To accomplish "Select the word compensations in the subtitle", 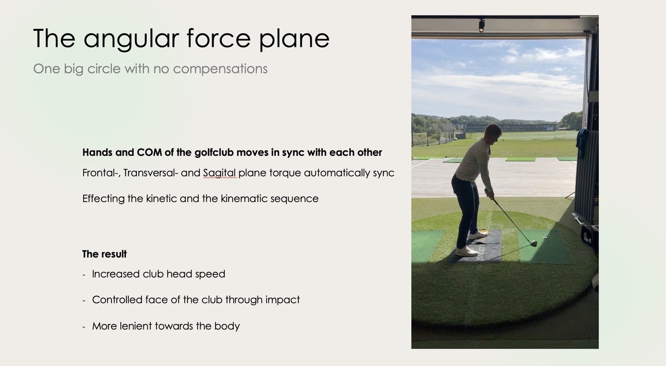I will [x=220, y=69].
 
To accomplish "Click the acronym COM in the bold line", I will [x=150, y=153].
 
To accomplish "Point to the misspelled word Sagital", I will [x=219, y=173].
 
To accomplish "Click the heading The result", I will [x=105, y=254].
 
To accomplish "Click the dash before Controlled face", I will [x=84, y=300].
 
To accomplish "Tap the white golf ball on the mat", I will [x=545, y=237].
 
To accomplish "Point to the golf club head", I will [x=533, y=243].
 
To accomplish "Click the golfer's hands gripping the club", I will [x=489, y=194].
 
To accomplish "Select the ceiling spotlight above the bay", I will [x=481, y=25].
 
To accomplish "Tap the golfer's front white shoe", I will [x=467, y=251].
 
